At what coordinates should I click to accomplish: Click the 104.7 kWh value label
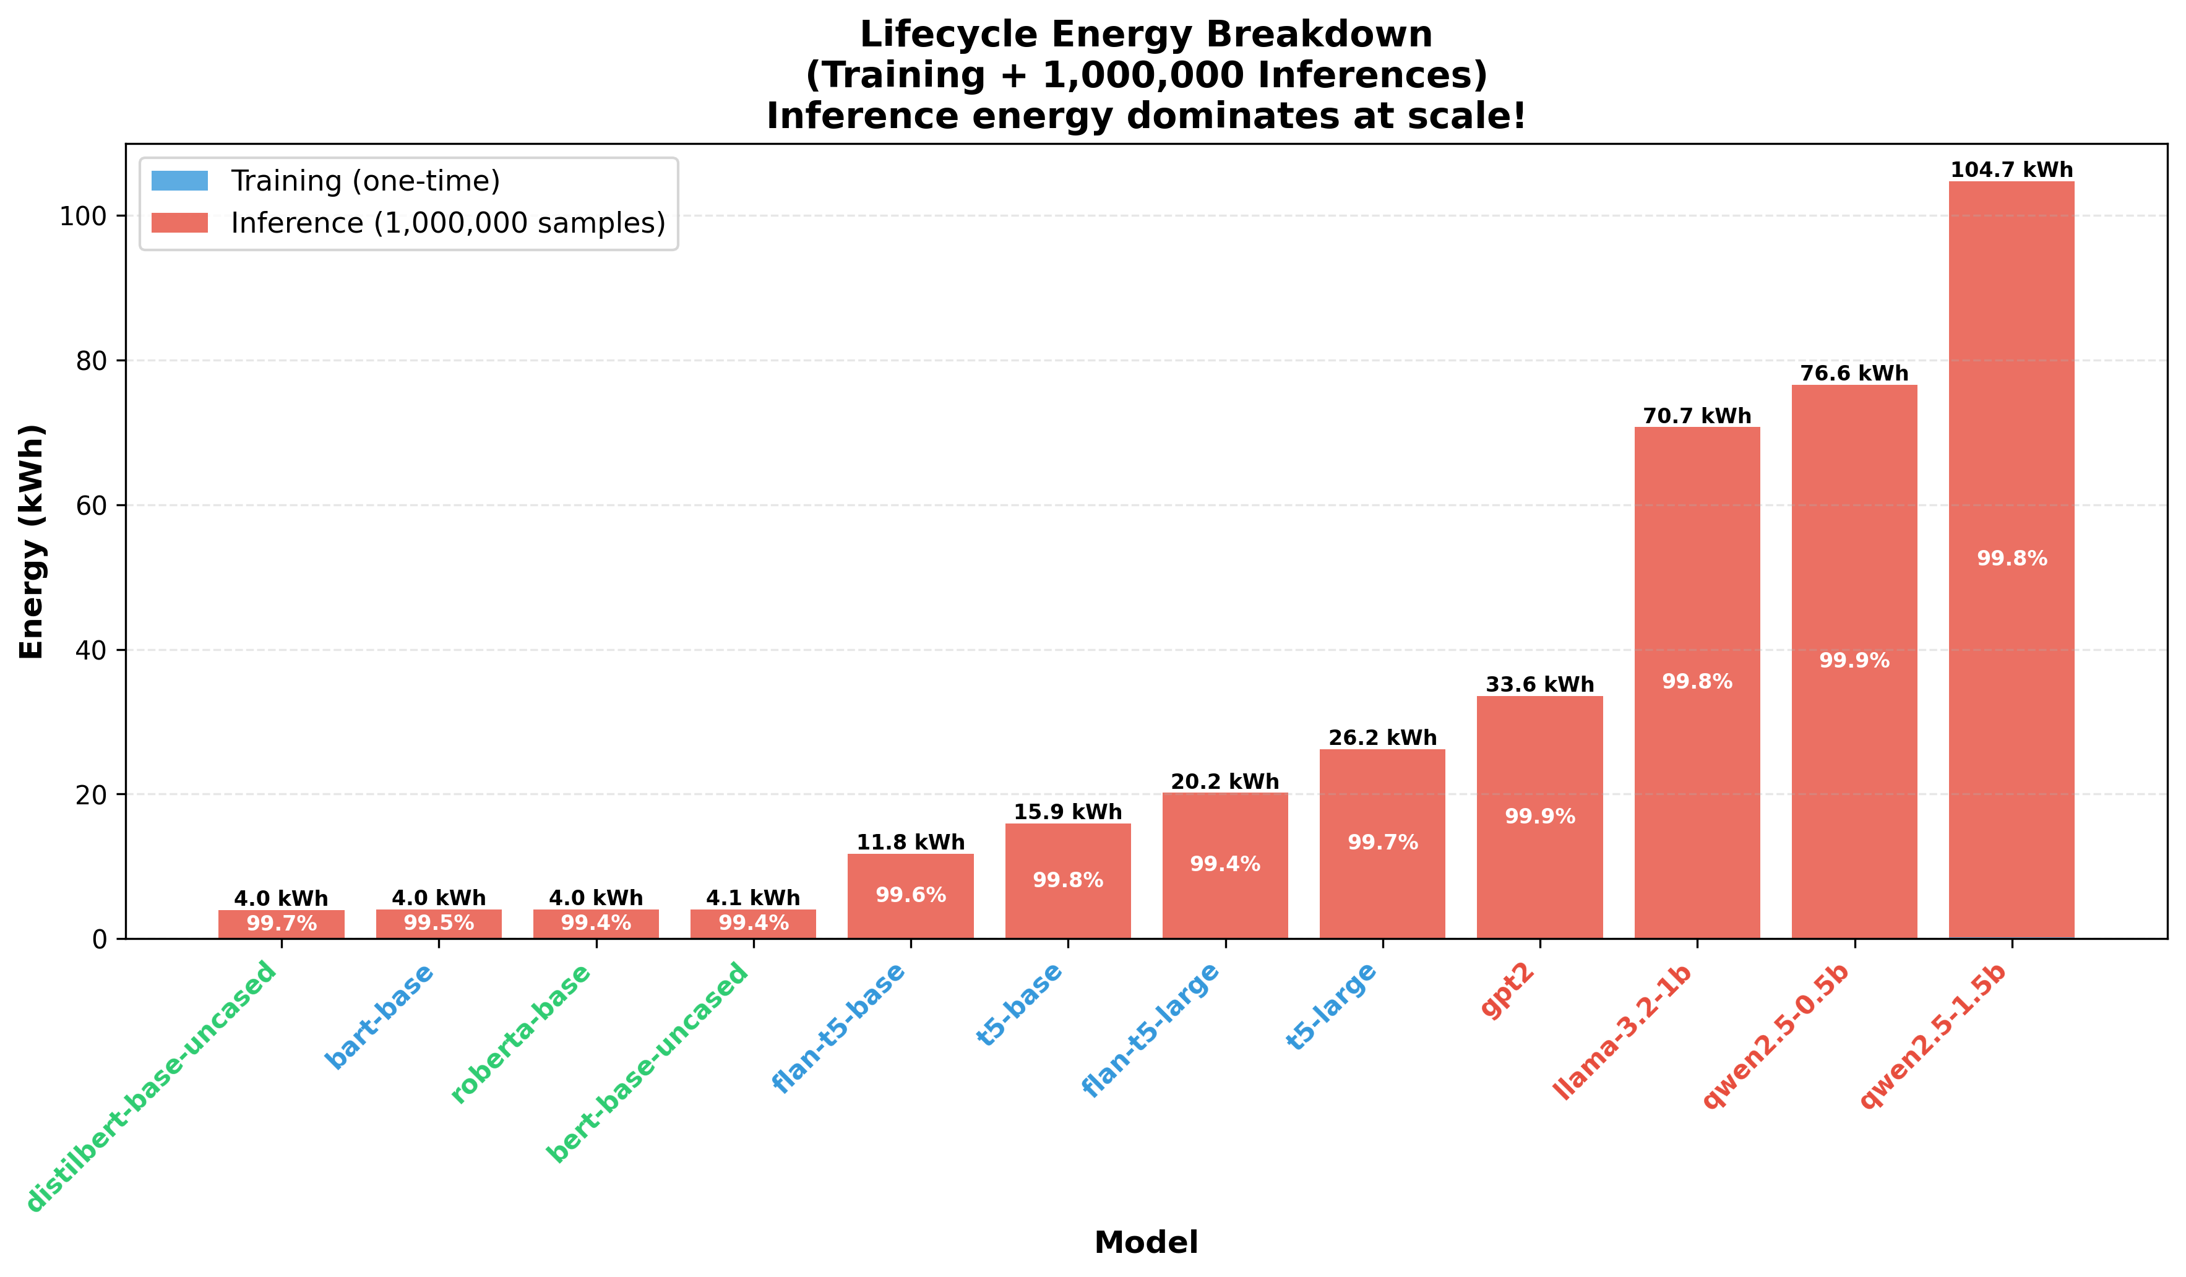tap(2012, 170)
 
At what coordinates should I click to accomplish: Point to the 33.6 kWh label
tap(1540, 684)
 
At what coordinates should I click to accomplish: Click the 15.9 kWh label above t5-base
tap(1068, 812)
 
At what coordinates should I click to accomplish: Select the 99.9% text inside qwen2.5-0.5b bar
tap(1854, 661)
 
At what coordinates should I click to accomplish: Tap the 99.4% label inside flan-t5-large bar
tap(1225, 864)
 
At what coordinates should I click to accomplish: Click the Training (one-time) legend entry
tap(364, 181)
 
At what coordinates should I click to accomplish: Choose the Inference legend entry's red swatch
tap(179, 223)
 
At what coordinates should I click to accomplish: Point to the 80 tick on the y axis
tap(91, 361)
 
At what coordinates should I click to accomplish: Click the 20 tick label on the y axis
tap(91, 794)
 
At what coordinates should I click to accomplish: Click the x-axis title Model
tap(1146, 1242)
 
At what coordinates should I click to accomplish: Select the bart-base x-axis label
tap(380, 1016)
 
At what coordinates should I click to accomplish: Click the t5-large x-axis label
tap(1332, 1007)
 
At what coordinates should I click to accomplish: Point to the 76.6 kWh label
tap(1854, 374)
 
